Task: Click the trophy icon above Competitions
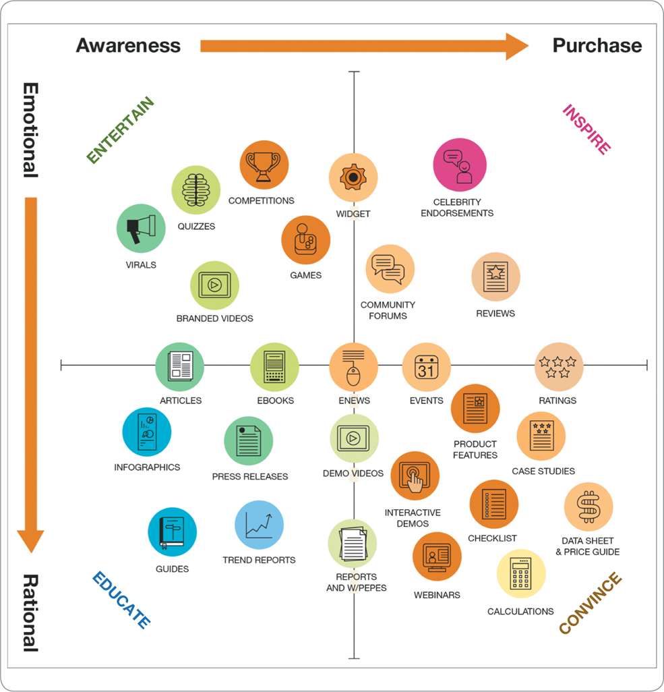(264, 165)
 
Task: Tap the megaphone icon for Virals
(141, 229)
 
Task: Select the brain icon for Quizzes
(196, 190)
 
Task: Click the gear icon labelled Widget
(353, 178)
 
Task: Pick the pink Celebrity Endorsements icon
(460, 165)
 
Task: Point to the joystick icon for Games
(306, 240)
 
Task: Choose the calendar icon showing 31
(427, 367)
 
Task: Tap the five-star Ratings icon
(559, 367)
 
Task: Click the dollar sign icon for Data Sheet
(588, 507)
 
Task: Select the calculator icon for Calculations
(521, 574)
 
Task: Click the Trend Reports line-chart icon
(260, 525)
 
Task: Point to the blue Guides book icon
(173, 532)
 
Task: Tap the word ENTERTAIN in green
(121, 131)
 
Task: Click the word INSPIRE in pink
(587, 129)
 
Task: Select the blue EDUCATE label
(121, 600)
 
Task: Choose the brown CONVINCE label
(591, 603)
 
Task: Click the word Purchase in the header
(597, 45)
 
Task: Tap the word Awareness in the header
(128, 45)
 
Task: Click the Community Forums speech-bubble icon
(390, 269)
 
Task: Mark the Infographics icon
(147, 432)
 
